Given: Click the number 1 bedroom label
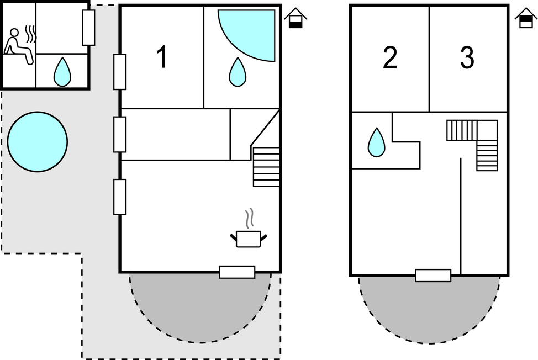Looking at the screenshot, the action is click(162, 56).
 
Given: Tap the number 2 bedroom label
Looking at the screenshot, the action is click(390, 57).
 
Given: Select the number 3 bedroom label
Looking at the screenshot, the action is click(467, 57).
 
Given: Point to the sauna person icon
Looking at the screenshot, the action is click(19, 45).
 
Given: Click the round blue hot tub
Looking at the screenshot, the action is click(38, 141).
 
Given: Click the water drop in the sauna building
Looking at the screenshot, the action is click(62, 72).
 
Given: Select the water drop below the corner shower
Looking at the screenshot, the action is click(238, 72).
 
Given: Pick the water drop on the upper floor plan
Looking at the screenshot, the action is click(376, 142).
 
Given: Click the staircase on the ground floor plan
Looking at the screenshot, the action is click(266, 167).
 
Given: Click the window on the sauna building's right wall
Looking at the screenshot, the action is click(88, 28).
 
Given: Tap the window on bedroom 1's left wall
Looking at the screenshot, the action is click(120, 72).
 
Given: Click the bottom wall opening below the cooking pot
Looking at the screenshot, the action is click(237, 272).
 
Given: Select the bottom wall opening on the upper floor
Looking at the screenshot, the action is click(433, 276).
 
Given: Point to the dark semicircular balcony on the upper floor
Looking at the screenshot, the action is click(429, 310).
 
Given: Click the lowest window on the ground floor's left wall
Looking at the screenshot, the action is click(120, 197).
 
